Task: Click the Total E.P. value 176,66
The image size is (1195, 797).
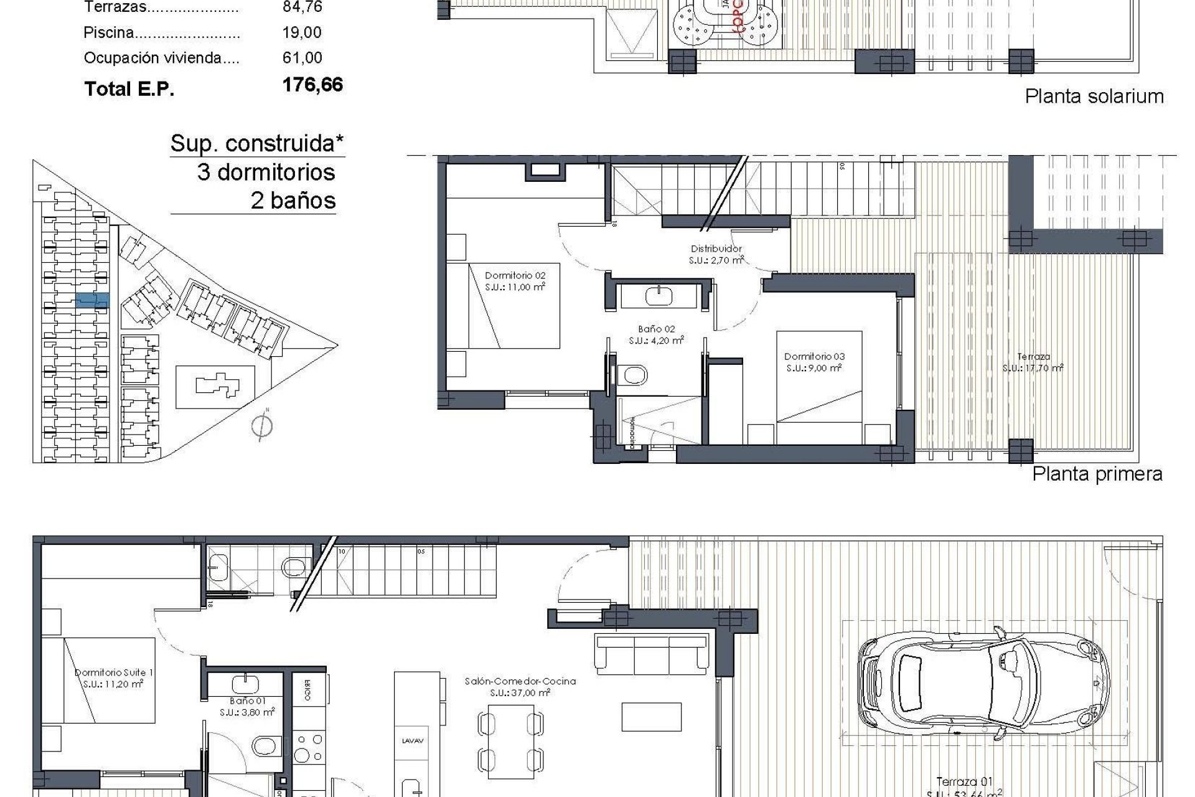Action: (x=312, y=85)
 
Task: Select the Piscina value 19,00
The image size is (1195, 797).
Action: (x=302, y=32)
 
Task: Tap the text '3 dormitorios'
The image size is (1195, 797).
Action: (x=266, y=172)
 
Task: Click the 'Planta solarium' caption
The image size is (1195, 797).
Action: (x=1094, y=96)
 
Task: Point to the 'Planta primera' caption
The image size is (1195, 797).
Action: (x=1097, y=474)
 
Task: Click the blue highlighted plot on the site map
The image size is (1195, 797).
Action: (x=92, y=301)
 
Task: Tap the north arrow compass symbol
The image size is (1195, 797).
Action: (x=263, y=427)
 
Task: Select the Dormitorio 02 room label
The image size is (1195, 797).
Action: (x=515, y=281)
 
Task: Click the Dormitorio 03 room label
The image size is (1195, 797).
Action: (x=814, y=362)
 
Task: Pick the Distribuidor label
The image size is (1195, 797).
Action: (x=716, y=254)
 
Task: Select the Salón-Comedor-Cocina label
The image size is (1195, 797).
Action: (x=520, y=687)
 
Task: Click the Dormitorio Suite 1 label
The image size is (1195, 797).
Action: (x=113, y=677)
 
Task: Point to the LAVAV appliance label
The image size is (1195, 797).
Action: (x=413, y=740)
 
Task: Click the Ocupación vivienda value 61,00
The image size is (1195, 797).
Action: (x=302, y=58)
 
